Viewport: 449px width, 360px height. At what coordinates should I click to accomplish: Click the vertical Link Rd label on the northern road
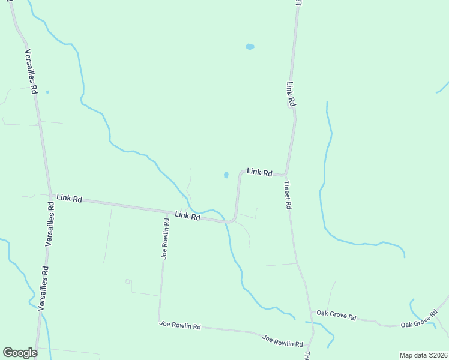(x=291, y=94)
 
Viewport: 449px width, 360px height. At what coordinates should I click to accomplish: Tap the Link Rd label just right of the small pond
(x=259, y=172)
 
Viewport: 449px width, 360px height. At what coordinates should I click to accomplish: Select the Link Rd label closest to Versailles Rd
(x=69, y=197)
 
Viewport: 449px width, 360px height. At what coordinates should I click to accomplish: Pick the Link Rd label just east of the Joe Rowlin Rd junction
(x=187, y=216)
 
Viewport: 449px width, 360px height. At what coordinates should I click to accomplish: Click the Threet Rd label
(x=288, y=195)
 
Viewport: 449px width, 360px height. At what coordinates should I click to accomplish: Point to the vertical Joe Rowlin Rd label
(x=165, y=238)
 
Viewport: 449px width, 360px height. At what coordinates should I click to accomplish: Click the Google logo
(x=20, y=353)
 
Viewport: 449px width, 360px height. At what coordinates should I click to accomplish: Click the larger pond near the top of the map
(x=250, y=46)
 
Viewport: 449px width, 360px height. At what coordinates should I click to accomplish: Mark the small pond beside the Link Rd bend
(x=226, y=175)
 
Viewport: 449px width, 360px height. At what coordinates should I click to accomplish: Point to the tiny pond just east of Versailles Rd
(x=47, y=92)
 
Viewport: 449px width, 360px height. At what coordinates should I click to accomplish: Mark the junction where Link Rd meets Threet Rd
(x=286, y=175)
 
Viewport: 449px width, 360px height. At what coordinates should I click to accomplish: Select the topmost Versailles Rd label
(x=31, y=71)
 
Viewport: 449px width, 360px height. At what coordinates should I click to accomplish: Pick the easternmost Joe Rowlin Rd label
(x=282, y=341)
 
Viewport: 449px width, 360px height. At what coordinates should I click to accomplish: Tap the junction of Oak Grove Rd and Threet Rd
(x=310, y=311)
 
